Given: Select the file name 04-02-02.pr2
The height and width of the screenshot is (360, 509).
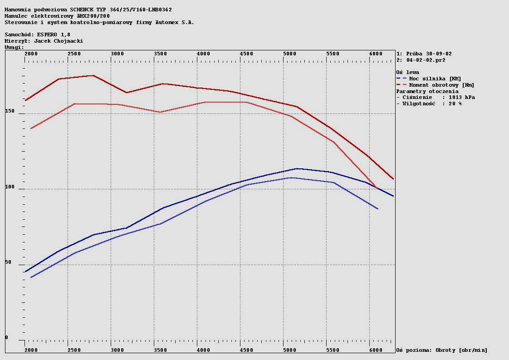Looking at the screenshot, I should (x=426, y=60).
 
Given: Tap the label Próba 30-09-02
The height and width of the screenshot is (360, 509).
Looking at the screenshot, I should (x=429, y=54).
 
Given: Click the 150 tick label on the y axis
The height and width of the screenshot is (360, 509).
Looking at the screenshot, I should (x=10, y=111).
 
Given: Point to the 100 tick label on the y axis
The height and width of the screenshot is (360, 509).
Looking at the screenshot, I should (x=10, y=187).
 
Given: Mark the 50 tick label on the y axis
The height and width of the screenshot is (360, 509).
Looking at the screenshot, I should (x=8, y=262).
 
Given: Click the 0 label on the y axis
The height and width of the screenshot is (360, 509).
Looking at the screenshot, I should (x=7, y=337).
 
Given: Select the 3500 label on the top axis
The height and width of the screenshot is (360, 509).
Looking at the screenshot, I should (x=161, y=54).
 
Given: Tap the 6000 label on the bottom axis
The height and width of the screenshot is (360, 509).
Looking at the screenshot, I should (x=376, y=350).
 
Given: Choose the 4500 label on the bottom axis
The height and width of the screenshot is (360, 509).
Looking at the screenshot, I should (x=246, y=350).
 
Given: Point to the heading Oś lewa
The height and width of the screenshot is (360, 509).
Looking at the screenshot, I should (x=407, y=72).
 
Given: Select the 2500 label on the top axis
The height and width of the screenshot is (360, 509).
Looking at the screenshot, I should (x=74, y=54).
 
